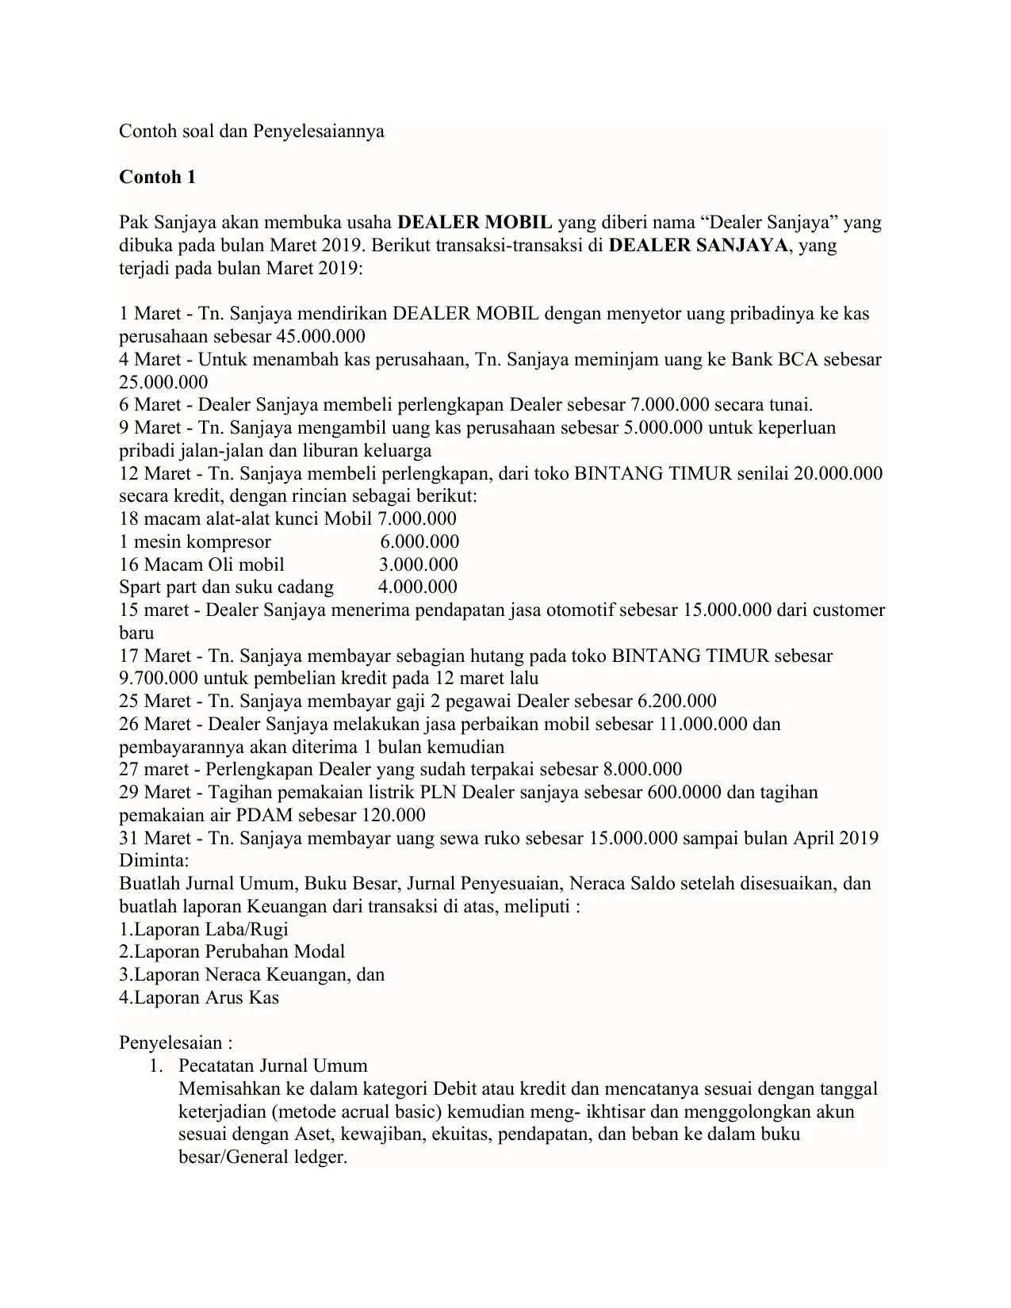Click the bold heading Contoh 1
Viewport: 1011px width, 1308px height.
point(157,177)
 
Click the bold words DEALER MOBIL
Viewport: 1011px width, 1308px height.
point(474,223)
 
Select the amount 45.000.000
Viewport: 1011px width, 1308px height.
point(320,336)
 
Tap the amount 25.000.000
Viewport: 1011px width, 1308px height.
point(163,382)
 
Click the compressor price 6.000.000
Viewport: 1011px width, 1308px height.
point(419,542)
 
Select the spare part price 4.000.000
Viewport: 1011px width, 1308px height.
point(418,587)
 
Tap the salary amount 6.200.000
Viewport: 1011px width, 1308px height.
point(676,702)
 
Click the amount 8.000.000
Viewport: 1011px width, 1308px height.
point(642,770)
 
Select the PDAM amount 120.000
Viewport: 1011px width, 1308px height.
point(393,816)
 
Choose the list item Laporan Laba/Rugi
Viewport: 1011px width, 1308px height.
point(204,929)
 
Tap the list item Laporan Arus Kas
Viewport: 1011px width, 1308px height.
point(199,997)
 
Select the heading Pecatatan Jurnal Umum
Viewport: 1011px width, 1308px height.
point(273,1066)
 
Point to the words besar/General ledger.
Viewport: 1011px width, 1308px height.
point(263,1157)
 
